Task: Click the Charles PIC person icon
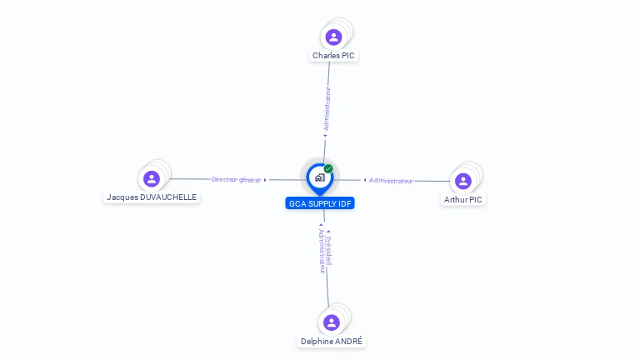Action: [x=333, y=37]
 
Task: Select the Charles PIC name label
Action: [x=333, y=56]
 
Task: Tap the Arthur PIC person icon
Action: [x=463, y=181]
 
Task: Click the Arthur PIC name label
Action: [x=463, y=200]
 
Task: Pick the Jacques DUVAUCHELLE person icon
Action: [x=152, y=178]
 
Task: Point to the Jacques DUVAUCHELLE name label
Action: [x=152, y=197]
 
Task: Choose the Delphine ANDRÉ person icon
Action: [x=332, y=322]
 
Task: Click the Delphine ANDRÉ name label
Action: [x=332, y=342]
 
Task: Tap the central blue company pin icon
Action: [x=319, y=177]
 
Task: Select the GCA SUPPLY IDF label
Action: [x=320, y=203]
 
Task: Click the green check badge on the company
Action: [x=328, y=169]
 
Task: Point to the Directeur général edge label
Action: [x=236, y=179]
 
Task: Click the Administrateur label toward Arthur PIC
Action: [x=391, y=181]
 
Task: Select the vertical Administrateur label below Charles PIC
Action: [x=327, y=109]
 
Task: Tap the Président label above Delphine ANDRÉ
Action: [x=330, y=250]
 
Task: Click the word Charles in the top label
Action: [x=326, y=56]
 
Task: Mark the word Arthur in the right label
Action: [x=456, y=200]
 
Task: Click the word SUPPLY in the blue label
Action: [x=322, y=203]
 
